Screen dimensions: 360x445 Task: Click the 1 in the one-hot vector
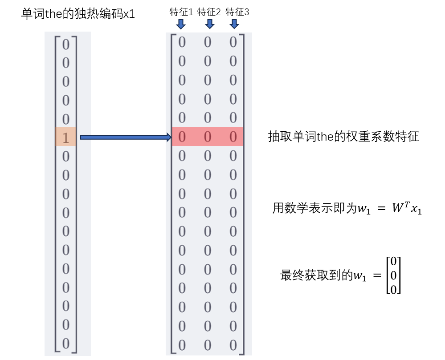coord(66,138)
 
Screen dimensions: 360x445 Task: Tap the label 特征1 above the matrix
coord(181,12)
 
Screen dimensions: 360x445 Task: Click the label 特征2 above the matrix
coord(209,12)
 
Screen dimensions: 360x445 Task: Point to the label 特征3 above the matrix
coord(237,12)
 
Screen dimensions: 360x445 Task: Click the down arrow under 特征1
coord(181,24)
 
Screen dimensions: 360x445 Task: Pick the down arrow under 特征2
coord(209,24)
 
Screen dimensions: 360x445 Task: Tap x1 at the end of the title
coord(129,14)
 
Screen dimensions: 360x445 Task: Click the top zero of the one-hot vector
coord(66,44)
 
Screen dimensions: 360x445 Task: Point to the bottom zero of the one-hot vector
coord(66,344)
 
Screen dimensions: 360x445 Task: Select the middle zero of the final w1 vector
coord(393,276)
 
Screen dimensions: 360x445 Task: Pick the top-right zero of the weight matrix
coord(233,42)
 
